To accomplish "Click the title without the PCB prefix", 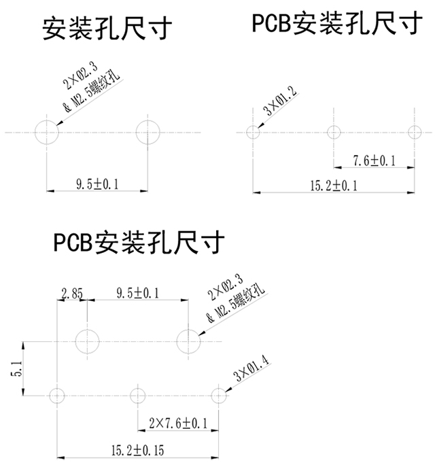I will (x=107, y=29).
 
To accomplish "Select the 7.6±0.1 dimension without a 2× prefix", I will (x=374, y=160).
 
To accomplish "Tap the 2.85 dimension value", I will (x=71, y=294).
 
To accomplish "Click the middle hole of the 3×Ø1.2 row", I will (x=334, y=132).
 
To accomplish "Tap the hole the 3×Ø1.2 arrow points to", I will (x=254, y=132).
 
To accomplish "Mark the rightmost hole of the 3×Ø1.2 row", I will (x=415, y=132).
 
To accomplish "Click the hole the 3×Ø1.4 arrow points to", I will (x=218, y=394).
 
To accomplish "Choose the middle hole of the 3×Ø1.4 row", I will (x=138, y=394).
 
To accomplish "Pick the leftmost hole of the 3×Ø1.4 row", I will (x=57, y=394).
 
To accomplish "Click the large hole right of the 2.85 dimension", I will (x=88, y=341).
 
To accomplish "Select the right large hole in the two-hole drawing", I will (x=147, y=131).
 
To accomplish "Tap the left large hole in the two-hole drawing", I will (x=47, y=131).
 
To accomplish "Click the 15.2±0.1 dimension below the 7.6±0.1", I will (x=333, y=185).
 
